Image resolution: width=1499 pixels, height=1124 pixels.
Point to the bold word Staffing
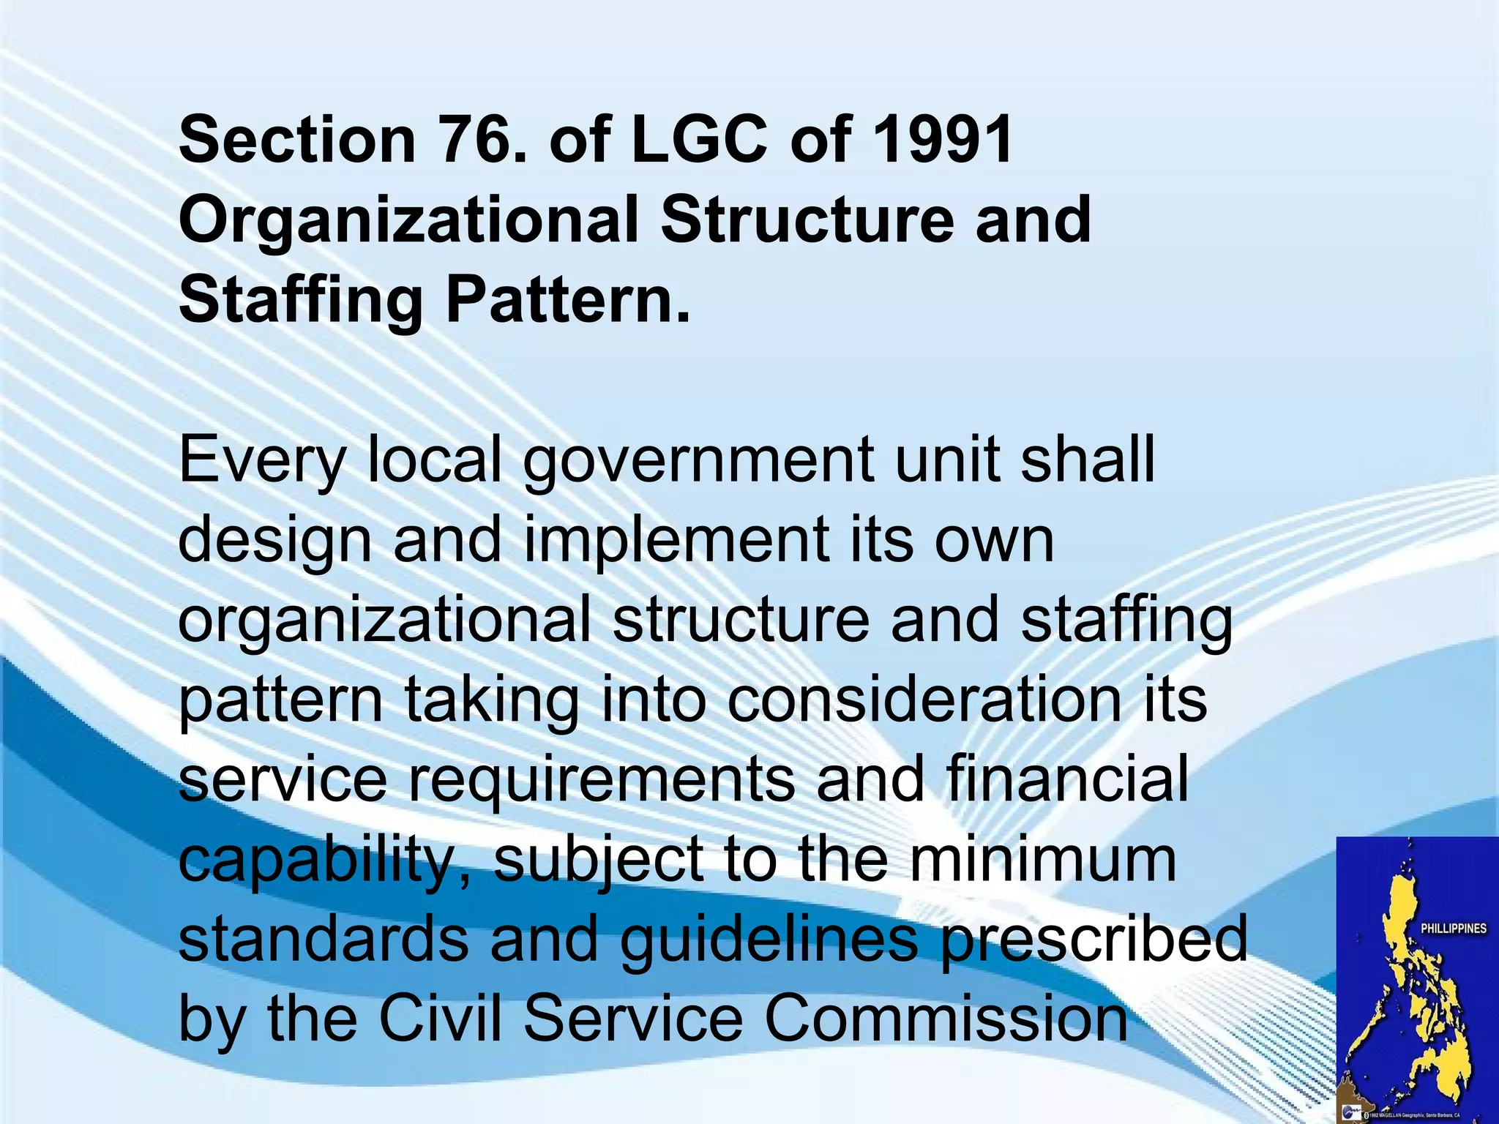pyautogui.click(x=301, y=300)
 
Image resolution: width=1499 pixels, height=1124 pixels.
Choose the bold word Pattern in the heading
pyautogui.click(x=568, y=300)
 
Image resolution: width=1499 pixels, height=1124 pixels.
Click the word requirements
pyautogui.click(x=601, y=780)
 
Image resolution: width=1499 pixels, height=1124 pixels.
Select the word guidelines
pyautogui.click(x=768, y=940)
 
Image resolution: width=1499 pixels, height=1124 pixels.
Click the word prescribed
pyautogui.click(x=1094, y=940)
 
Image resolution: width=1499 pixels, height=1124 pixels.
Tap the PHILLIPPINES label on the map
pyautogui.click(x=1454, y=929)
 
